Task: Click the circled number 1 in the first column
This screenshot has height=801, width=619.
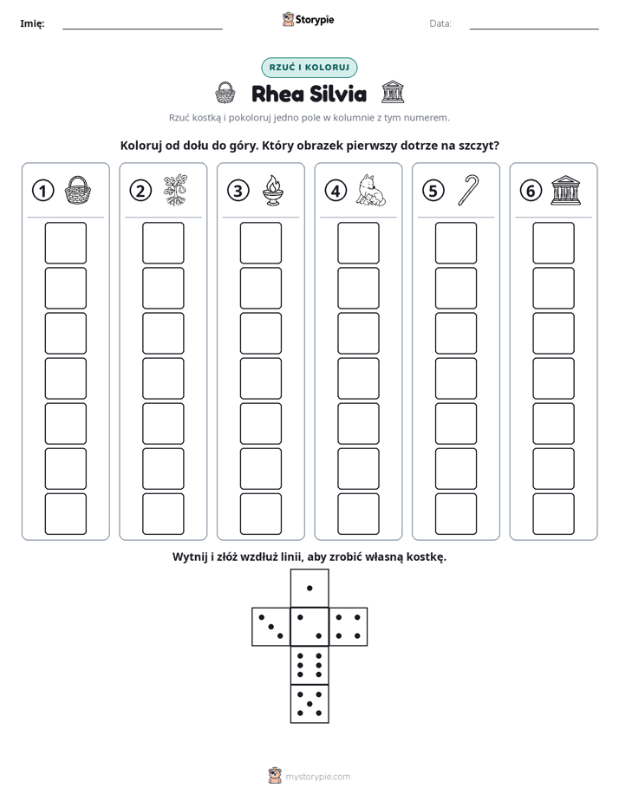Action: tap(42, 191)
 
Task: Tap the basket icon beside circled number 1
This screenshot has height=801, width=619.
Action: tap(78, 191)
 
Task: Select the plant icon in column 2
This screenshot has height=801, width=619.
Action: tap(175, 191)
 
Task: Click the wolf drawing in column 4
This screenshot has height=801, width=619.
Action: tap(371, 191)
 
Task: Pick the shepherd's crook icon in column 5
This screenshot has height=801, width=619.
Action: tap(468, 190)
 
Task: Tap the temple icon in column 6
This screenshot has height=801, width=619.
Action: tap(565, 191)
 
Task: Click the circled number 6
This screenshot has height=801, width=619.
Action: tap(531, 191)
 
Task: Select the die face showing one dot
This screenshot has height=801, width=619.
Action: tap(309, 588)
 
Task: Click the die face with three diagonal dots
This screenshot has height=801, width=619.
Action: tap(271, 626)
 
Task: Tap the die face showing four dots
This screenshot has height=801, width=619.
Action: tap(348, 626)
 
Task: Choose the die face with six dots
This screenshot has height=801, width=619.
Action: tap(309, 665)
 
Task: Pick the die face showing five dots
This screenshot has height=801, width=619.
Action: tap(309, 703)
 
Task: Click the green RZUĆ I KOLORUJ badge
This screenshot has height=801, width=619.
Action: tap(309, 68)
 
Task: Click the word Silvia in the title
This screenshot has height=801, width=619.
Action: tap(338, 94)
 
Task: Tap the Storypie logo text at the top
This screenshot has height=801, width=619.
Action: tap(315, 20)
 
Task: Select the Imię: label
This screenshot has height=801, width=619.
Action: tap(32, 23)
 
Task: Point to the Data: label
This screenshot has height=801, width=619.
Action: tap(440, 23)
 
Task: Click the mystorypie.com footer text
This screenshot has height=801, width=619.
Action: tap(317, 777)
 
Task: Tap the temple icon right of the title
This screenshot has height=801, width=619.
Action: tap(393, 93)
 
